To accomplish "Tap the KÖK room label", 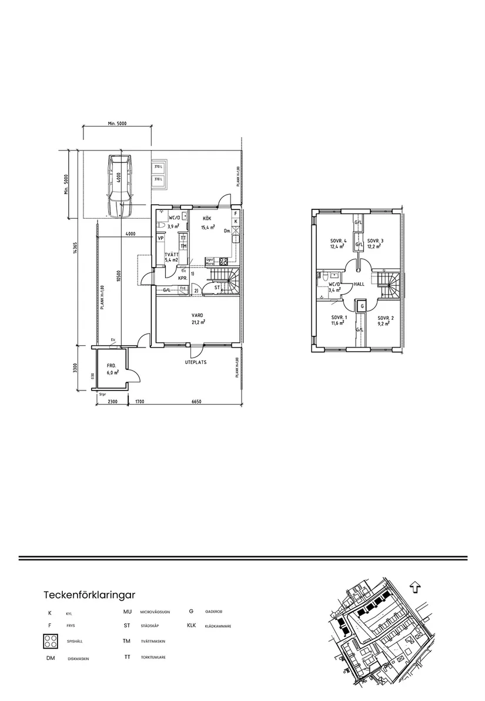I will [x=208, y=218].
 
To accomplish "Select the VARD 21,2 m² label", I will [x=198, y=318].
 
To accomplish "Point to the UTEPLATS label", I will [x=196, y=362].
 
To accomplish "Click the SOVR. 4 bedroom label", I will [x=338, y=241].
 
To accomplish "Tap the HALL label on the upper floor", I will [x=360, y=283].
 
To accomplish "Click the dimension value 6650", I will [x=196, y=402].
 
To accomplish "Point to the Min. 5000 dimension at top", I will [x=118, y=123].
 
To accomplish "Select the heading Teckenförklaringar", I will [x=89, y=595].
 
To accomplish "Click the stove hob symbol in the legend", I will [x=51, y=642].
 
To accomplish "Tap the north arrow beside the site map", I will [x=416, y=587].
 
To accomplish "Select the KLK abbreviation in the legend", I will [x=191, y=626].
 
